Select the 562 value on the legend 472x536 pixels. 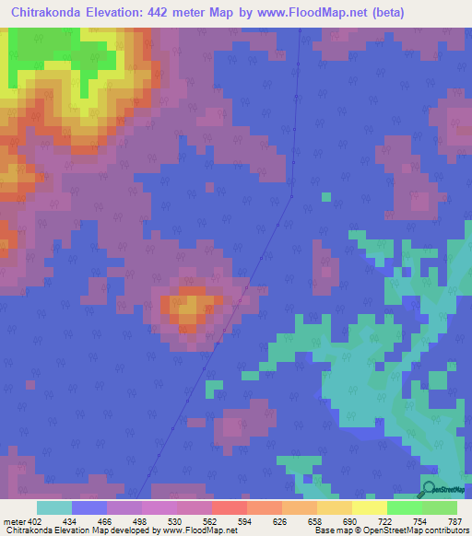click(x=210, y=522)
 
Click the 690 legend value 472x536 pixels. click(x=350, y=522)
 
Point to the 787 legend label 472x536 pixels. click(x=453, y=522)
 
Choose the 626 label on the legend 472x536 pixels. click(x=280, y=522)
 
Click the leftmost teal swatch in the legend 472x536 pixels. click(x=54, y=507)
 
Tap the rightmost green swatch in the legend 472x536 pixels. click(x=440, y=507)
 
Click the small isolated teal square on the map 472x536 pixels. click(x=325, y=196)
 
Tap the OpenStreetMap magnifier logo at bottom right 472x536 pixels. click(x=429, y=488)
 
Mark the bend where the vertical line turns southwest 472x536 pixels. click(x=291, y=195)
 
